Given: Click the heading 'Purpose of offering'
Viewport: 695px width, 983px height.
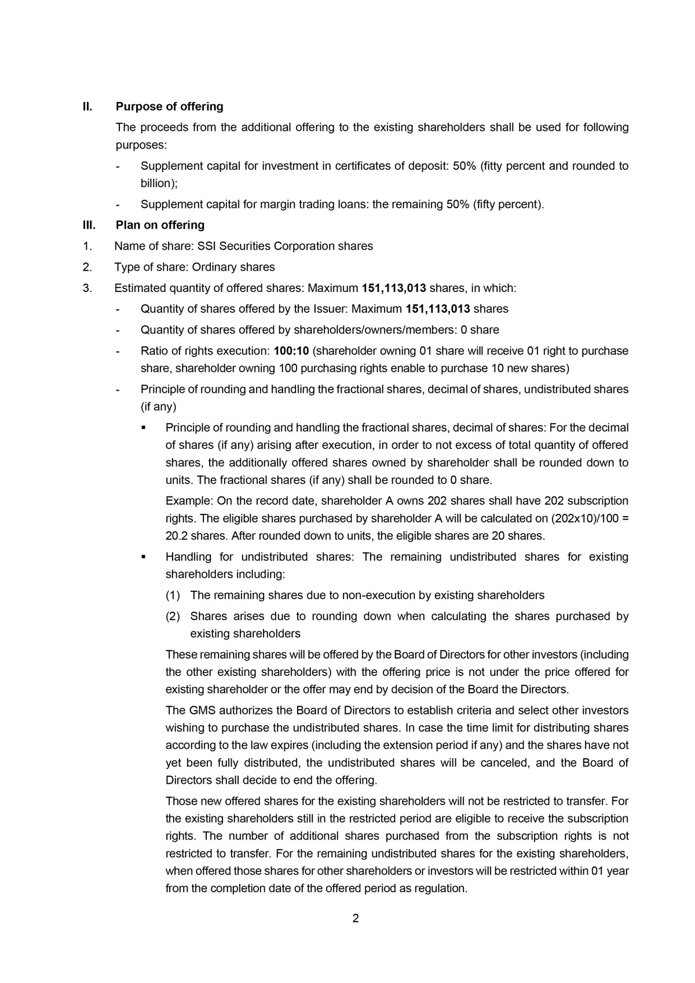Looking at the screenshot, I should (169, 107).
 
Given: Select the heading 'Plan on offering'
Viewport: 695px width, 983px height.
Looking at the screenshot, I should (160, 225).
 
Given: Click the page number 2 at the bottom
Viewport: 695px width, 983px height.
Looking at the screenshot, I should (356, 918).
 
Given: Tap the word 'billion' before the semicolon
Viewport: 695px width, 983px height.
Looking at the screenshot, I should (158, 184).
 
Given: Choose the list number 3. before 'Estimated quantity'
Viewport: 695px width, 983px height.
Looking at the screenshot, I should (87, 288).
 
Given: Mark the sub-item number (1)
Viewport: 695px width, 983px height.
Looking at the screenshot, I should (173, 595).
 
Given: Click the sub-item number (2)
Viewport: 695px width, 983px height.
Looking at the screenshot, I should (173, 616).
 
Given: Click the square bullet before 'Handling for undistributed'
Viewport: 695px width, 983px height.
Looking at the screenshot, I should (143, 557).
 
